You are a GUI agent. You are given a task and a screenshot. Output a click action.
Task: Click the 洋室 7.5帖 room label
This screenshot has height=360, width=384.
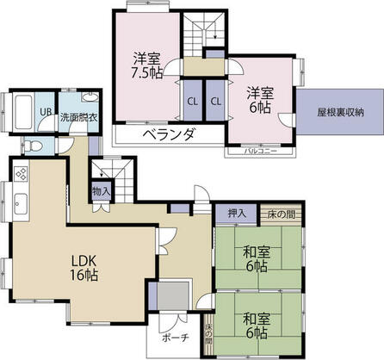(146, 65)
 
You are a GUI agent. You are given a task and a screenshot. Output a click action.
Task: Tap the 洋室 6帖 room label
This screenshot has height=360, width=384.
(259, 99)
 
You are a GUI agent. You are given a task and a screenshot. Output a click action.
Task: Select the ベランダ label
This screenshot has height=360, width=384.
(169, 134)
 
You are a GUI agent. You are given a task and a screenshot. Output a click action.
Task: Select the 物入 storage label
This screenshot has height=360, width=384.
(100, 191)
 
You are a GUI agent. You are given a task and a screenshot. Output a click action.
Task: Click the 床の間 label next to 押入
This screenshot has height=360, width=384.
(282, 214)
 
